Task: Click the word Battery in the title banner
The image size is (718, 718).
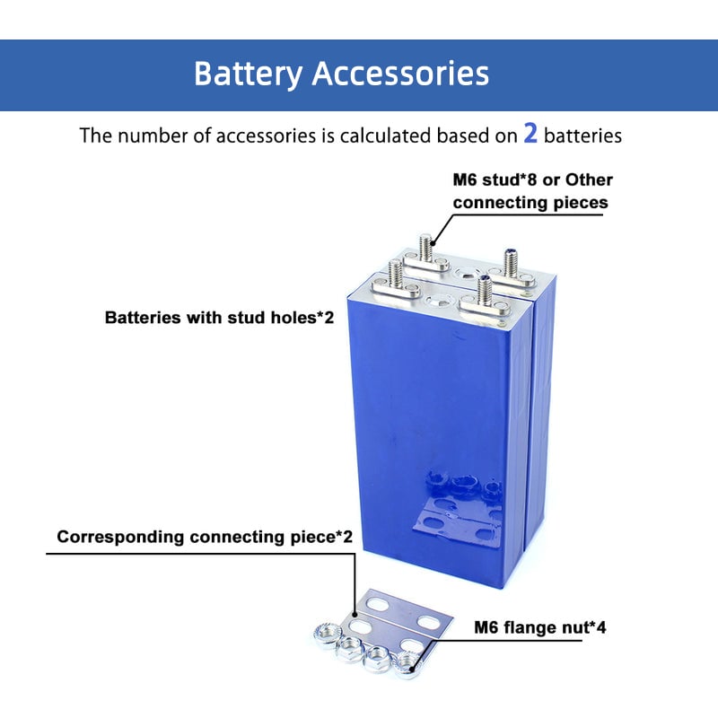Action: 248,73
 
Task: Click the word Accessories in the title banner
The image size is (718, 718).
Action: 400,73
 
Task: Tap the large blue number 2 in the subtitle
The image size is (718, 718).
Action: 530,134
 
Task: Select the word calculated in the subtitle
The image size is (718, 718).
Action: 384,136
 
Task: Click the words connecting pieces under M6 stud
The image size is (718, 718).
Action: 530,202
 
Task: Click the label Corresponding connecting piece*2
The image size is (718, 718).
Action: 205,537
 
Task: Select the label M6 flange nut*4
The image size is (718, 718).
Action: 540,626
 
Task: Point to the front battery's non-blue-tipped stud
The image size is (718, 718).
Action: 392,272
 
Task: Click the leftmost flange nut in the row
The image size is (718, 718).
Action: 320,633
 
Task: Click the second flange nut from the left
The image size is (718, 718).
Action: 348,648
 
